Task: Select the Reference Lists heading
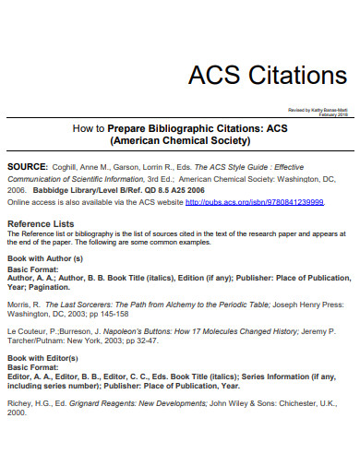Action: [41, 223]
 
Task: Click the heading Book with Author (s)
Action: [45, 257]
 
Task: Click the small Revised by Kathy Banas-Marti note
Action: [318, 109]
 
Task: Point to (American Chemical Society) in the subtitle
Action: [180, 142]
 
